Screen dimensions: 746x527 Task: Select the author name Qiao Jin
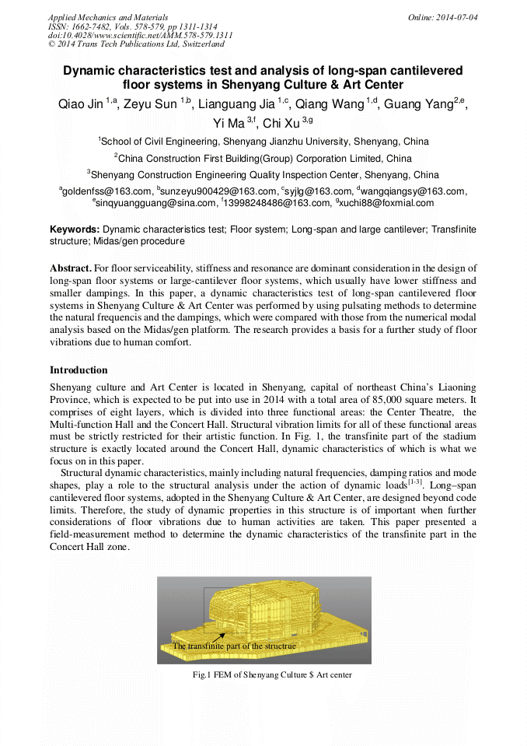[81, 104]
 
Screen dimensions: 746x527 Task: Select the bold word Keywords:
[75, 230]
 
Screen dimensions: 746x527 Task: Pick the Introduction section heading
[79, 370]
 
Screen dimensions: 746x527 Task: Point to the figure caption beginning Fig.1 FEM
[272, 675]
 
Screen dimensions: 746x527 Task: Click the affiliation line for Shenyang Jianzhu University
[264, 142]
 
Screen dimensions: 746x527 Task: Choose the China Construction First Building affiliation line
[264, 159]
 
